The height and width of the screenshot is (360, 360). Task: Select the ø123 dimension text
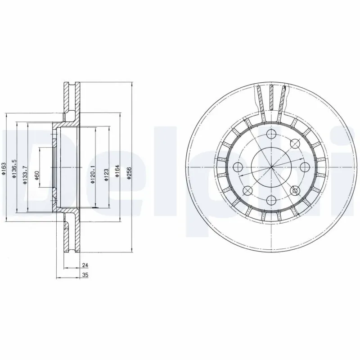(x=106, y=174)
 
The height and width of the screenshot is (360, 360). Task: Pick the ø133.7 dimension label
(x=25, y=173)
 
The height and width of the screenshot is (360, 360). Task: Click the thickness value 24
(x=84, y=265)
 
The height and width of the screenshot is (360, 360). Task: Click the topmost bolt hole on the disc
(x=271, y=134)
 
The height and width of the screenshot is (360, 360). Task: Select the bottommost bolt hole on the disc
(x=271, y=200)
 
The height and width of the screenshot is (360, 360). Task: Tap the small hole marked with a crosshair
(x=295, y=191)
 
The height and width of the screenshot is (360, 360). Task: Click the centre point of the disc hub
(x=271, y=167)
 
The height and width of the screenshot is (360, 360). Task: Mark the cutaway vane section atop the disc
(x=271, y=98)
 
